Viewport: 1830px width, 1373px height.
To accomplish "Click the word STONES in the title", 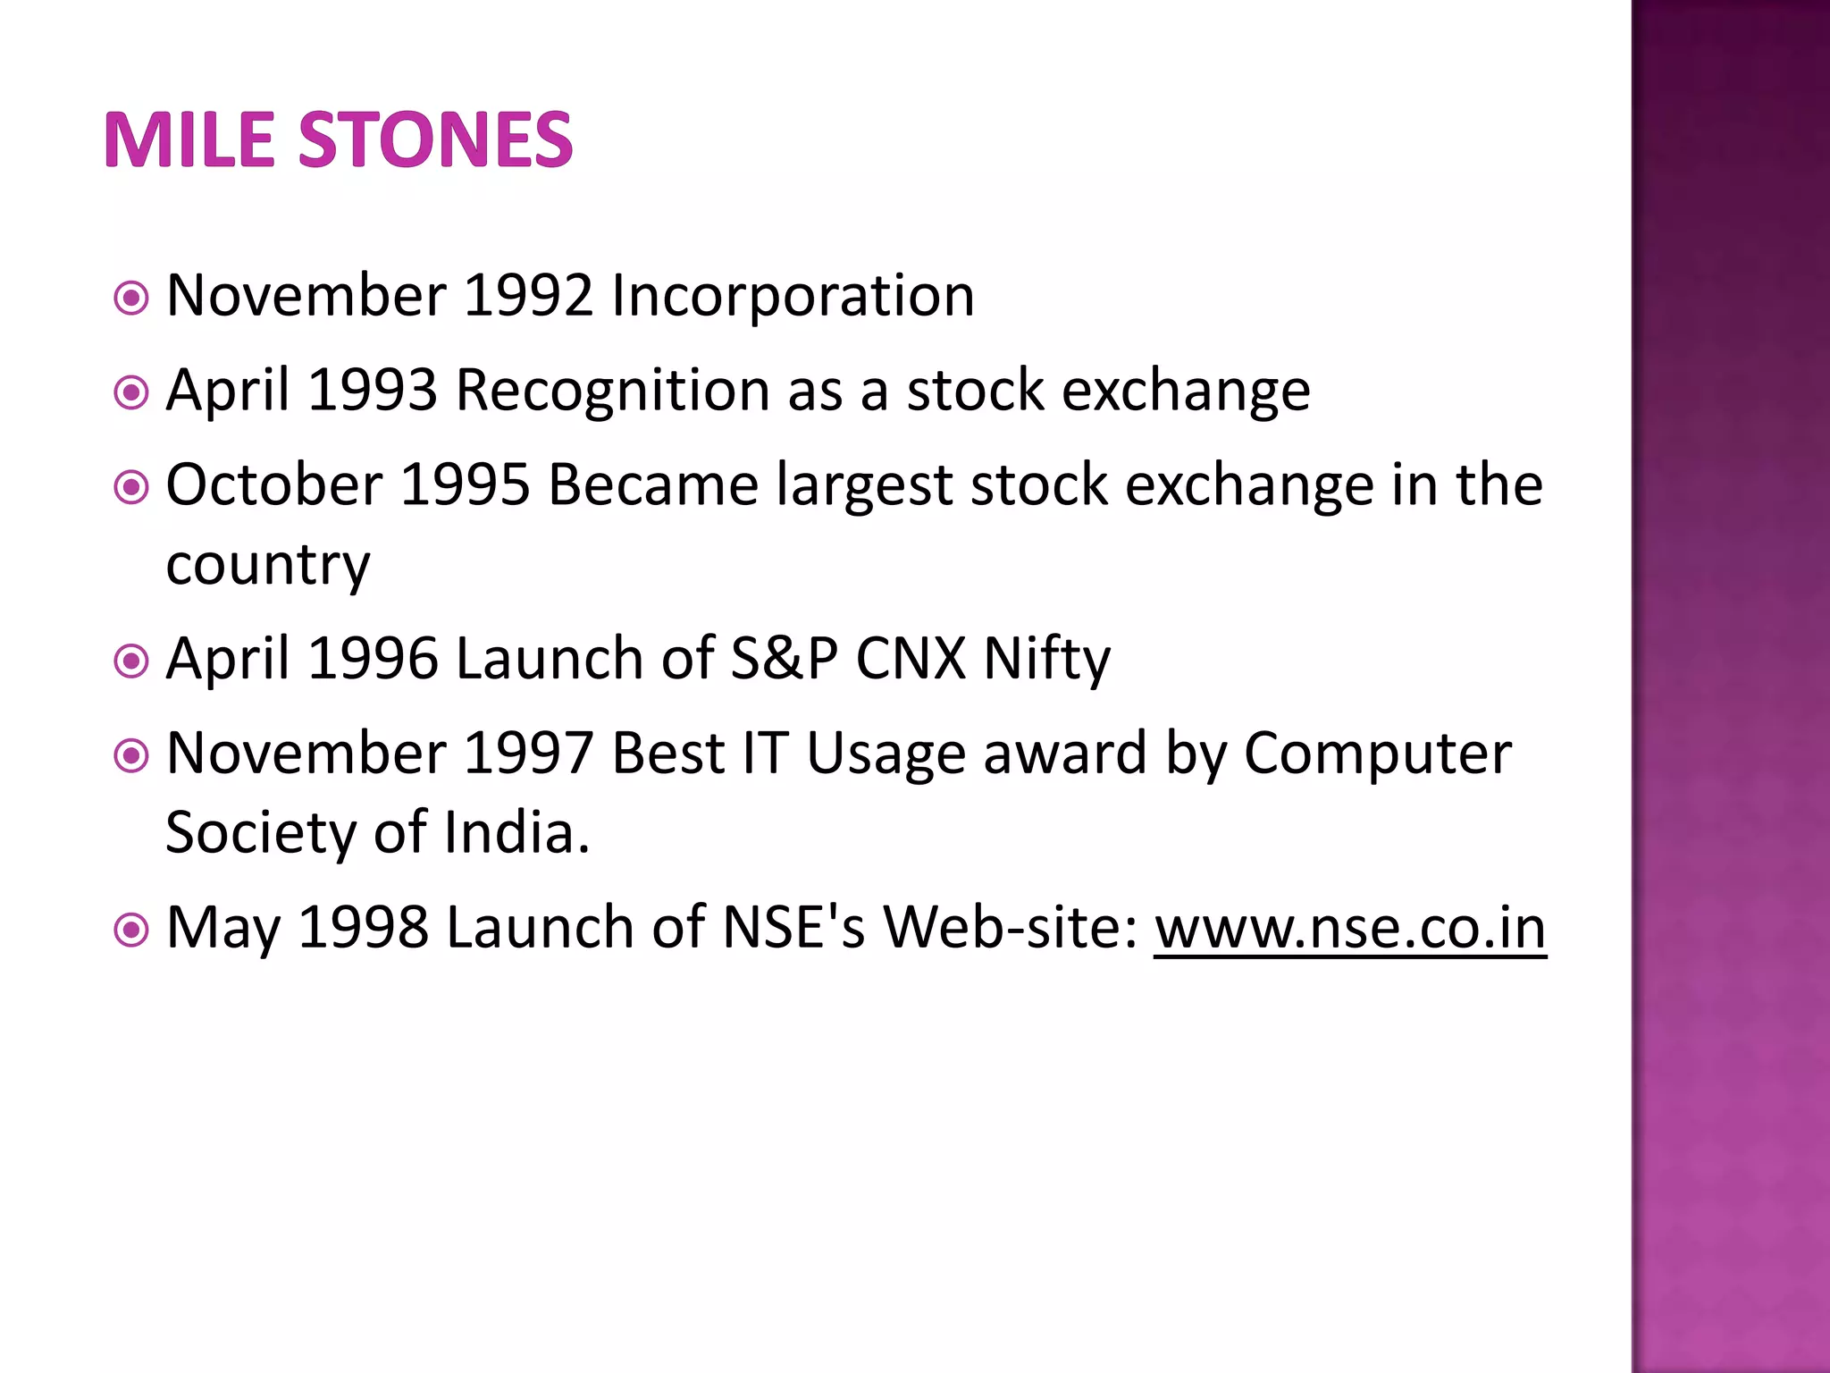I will click(x=435, y=140).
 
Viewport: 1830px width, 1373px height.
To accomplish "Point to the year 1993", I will click(x=373, y=391).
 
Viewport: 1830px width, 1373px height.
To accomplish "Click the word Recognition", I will click(x=613, y=391).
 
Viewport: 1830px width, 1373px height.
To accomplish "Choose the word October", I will click(x=274, y=485).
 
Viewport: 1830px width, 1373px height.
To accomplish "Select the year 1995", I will click(x=466, y=485).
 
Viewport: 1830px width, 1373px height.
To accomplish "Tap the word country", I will click(x=267, y=565).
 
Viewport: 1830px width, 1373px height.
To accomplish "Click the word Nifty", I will click(x=1047, y=659).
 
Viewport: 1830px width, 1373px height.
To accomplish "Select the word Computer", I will click(x=1378, y=754).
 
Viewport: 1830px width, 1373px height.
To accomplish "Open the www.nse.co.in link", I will click(x=1350, y=928).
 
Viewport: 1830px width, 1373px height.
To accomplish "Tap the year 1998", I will click(x=363, y=928).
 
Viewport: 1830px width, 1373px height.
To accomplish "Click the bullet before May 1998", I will click(x=132, y=931).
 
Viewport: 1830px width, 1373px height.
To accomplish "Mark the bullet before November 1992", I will click(x=132, y=299).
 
